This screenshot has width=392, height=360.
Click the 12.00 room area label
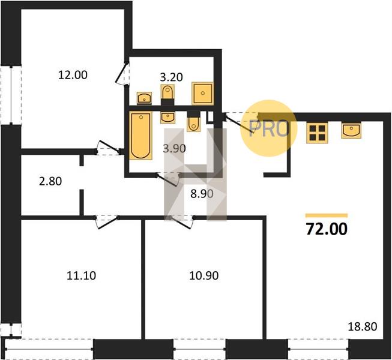click(x=73, y=75)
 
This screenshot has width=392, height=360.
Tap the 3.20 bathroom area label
click(x=171, y=77)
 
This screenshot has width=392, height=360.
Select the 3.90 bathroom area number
click(x=174, y=149)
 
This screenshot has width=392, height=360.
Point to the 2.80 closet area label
click(x=50, y=181)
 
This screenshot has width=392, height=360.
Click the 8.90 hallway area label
click(x=202, y=194)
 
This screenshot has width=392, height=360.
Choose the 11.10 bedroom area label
click(x=82, y=276)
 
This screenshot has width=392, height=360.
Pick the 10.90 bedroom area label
click(x=204, y=276)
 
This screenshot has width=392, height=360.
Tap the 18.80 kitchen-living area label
click(x=363, y=326)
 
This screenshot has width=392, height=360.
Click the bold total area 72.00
click(x=327, y=229)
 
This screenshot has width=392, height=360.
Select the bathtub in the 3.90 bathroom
click(x=140, y=136)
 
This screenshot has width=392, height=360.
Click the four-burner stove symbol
click(x=317, y=133)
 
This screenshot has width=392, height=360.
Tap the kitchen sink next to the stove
click(x=351, y=130)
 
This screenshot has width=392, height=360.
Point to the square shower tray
click(x=203, y=93)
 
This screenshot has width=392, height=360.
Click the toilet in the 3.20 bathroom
click(x=167, y=92)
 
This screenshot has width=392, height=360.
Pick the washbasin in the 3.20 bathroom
click(x=144, y=98)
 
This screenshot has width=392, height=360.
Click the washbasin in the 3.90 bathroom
click(x=167, y=118)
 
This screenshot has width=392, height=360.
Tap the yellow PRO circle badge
click(x=268, y=128)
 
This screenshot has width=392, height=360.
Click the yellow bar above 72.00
click(x=327, y=215)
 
